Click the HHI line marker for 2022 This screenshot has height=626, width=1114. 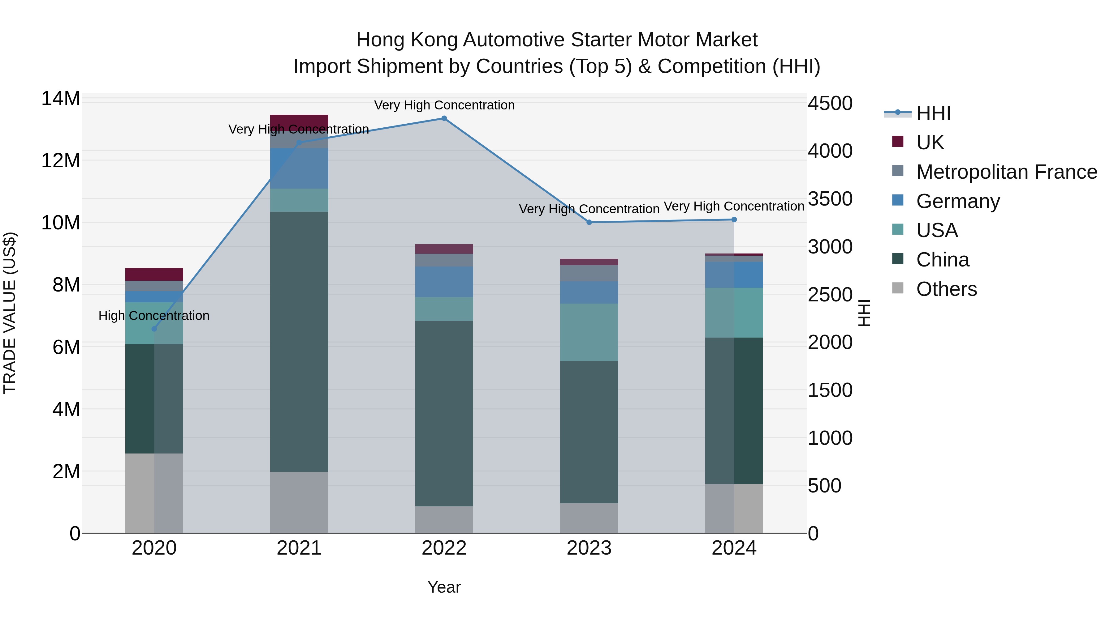[444, 118]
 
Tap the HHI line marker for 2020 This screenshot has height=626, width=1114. [154, 329]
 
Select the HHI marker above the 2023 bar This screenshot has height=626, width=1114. [589, 223]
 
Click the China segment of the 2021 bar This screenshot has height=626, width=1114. [299, 341]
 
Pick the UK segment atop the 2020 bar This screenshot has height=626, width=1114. [154, 274]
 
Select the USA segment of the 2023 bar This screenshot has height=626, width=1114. [589, 332]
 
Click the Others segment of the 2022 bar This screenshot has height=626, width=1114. [444, 519]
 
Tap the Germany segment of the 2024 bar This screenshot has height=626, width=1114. [734, 275]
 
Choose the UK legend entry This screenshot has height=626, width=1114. [930, 143]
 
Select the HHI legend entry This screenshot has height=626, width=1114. [933, 113]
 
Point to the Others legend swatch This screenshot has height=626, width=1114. [898, 288]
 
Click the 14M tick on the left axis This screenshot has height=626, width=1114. [61, 99]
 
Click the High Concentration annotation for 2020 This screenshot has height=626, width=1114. [154, 316]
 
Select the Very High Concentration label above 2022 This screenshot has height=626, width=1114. [444, 105]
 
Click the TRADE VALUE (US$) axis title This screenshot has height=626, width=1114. [10, 313]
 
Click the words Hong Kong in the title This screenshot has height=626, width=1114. [407, 40]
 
